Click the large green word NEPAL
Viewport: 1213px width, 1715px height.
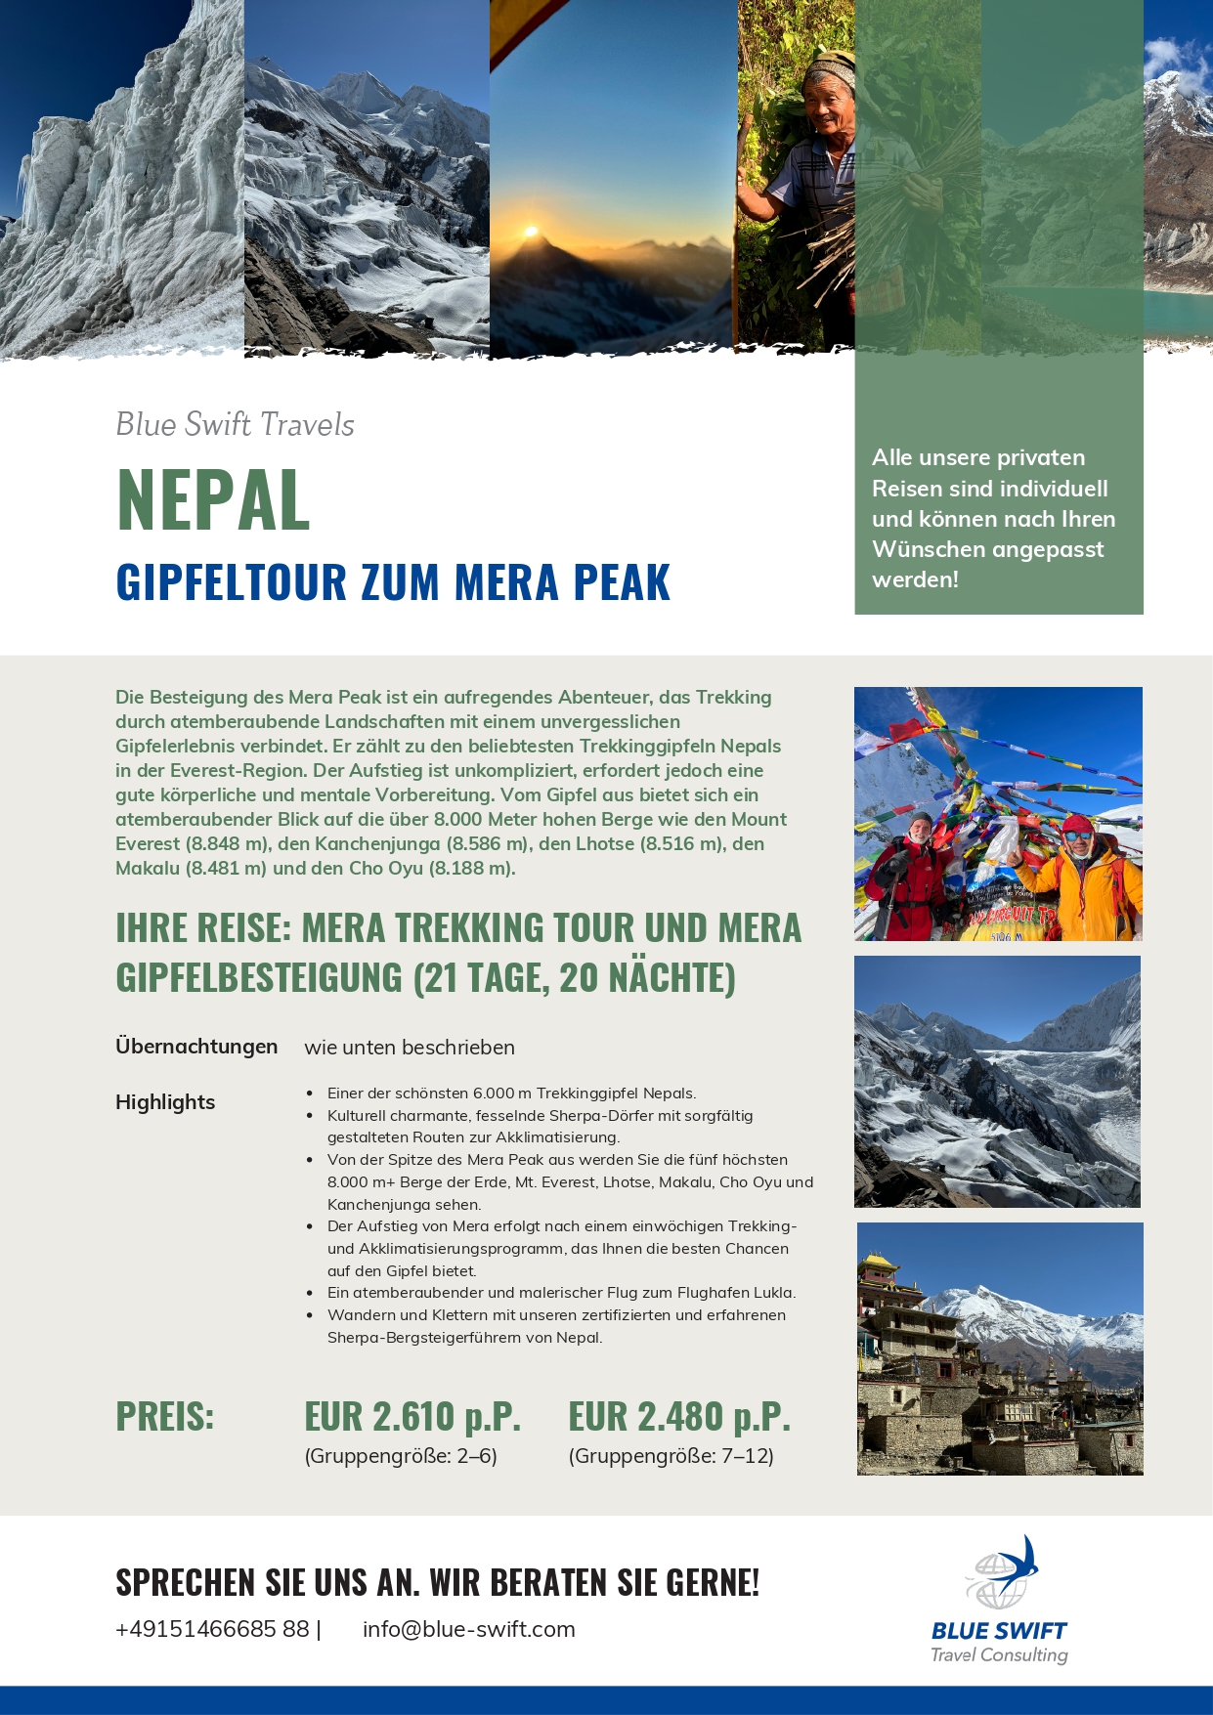tap(213, 500)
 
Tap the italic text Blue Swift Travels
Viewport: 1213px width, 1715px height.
tap(235, 424)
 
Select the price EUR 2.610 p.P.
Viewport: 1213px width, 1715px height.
tap(412, 1416)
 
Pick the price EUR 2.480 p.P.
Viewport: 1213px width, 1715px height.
tap(679, 1416)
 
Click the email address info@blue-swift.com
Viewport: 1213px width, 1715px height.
tap(468, 1629)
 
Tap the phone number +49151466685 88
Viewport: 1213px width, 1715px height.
tap(212, 1629)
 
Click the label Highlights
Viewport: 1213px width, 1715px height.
tap(165, 1102)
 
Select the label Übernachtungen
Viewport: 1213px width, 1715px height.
tap(196, 1047)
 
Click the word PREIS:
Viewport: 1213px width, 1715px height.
tap(164, 1416)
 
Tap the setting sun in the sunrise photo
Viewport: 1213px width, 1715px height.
tap(531, 233)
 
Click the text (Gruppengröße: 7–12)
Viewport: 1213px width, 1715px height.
tap(671, 1456)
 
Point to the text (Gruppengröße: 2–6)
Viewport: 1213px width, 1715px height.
tap(401, 1456)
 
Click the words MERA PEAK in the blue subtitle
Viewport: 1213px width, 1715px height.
tap(562, 582)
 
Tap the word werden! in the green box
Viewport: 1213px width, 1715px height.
tap(915, 579)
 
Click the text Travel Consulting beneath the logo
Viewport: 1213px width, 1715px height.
tap(999, 1654)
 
